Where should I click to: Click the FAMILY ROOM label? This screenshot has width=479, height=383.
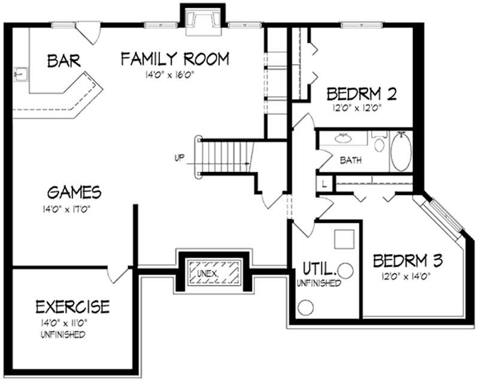point(175,59)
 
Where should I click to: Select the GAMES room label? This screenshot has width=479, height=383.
point(74,192)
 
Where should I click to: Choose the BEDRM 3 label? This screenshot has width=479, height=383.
point(408,261)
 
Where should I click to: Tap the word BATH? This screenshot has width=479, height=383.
point(350,160)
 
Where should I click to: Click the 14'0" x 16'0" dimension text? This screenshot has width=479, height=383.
point(172,74)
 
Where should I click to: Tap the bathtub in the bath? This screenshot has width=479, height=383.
point(402,152)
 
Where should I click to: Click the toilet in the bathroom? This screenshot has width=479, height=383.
point(379,144)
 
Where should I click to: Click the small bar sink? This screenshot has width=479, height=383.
point(22,75)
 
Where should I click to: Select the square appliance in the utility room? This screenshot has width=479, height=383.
point(345,239)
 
